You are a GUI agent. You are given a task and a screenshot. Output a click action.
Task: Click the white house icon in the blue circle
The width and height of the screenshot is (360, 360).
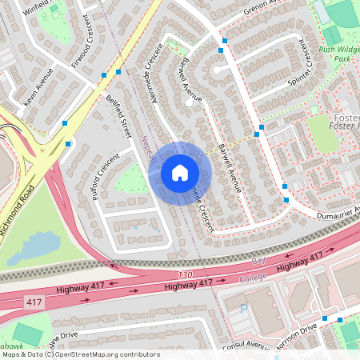(179, 172)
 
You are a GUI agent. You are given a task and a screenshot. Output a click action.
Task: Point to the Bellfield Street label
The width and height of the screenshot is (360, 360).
(118, 119)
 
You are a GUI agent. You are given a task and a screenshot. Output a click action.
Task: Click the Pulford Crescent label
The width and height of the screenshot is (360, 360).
(104, 173)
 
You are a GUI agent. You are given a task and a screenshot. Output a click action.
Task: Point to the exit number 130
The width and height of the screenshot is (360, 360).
(186, 274)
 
